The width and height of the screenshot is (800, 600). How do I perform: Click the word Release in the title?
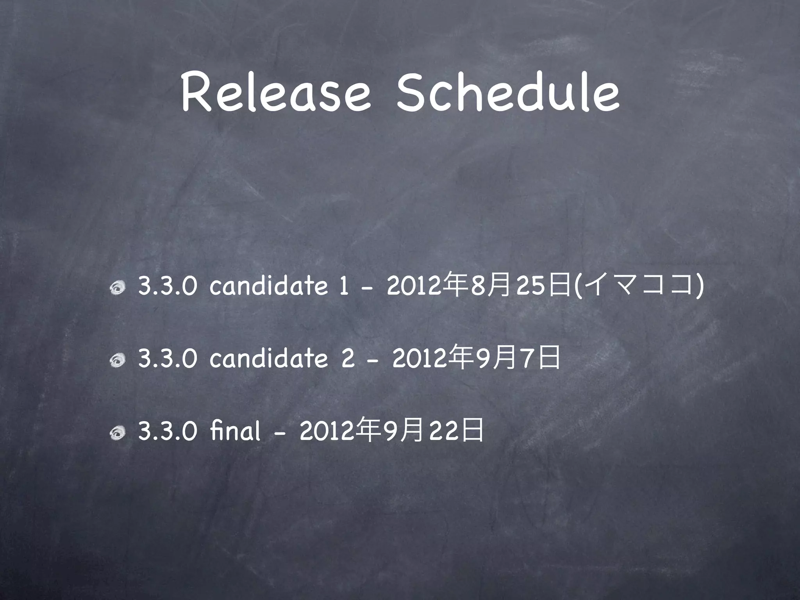[275, 94]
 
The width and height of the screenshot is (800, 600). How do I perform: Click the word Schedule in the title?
[507, 94]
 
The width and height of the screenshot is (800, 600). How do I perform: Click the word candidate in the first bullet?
[269, 287]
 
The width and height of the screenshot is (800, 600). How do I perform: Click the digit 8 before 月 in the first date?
[477, 288]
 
